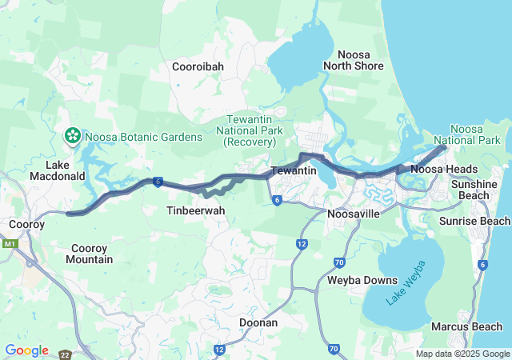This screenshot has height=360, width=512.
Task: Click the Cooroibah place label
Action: point(198,67)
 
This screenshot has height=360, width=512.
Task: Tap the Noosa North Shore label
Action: point(354,60)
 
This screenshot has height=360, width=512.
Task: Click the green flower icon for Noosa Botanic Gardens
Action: point(73,136)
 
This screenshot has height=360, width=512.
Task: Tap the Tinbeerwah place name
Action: point(195,210)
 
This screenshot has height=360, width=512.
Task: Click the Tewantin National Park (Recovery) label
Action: point(250,130)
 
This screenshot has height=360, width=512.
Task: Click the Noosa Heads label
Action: point(444,169)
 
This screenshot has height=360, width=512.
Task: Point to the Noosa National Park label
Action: point(478,134)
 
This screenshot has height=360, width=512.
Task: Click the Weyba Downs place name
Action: point(362,280)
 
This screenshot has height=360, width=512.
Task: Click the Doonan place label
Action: point(258,322)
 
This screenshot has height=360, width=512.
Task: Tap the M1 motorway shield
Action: point(10,243)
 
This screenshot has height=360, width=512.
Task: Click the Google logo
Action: point(26,350)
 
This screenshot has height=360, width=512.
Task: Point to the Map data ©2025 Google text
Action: point(462,354)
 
